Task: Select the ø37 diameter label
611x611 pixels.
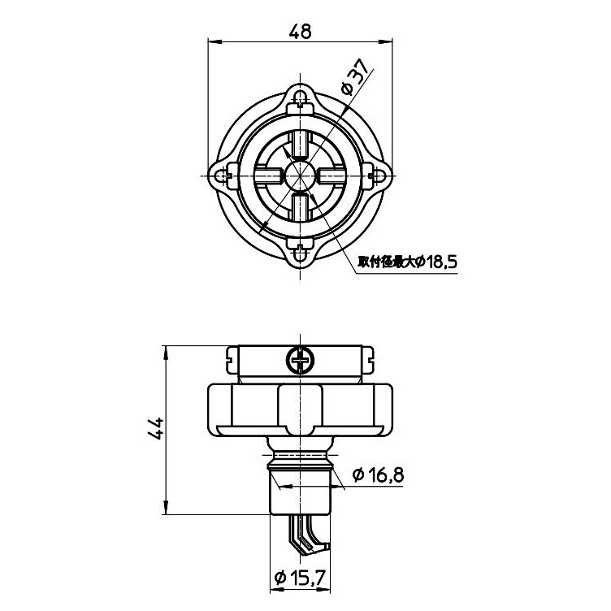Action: (x=355, y=80)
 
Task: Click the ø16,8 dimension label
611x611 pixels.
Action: (x=378, y=477)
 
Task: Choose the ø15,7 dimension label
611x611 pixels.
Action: (x=301, y=578)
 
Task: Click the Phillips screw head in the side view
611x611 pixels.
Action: (x=301, y=358)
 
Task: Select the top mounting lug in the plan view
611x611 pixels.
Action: (x=301, y=99)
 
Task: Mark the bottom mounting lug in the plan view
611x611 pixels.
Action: (x=301, y=253)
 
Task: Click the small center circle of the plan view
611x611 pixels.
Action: (x=301, y=175)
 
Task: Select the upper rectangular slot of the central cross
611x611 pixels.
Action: (x=301, y=145)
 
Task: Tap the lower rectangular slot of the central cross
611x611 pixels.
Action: (x=301, y=207)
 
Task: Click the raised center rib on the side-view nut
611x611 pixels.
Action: (x=301, y=406)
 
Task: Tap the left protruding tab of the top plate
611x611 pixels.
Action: (x=232, y=355)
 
